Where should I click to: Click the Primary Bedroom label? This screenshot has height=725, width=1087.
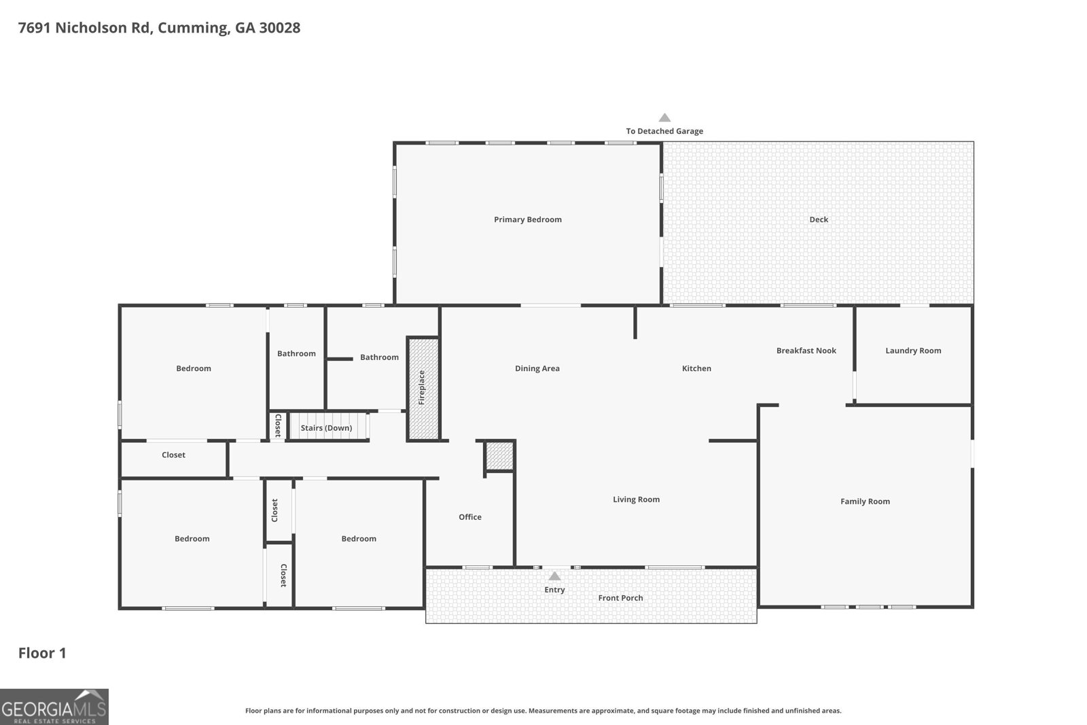(527, 219)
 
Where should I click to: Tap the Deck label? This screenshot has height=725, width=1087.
(819, 219)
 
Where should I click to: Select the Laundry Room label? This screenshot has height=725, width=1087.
(913, 351)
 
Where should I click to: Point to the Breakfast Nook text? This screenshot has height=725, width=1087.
(806, 351)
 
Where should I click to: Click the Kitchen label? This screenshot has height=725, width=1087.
(696, 368)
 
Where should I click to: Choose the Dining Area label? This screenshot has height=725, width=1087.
(537, 368)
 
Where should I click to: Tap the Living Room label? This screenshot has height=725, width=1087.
(636, 499)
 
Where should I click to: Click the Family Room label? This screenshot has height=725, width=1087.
(866, 501)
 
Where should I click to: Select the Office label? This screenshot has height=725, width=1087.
(470, 517)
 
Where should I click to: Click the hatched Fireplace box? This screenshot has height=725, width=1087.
(423, 388)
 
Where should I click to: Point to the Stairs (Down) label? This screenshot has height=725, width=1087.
(326, 427)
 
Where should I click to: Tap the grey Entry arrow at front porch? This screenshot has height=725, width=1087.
(554, 576)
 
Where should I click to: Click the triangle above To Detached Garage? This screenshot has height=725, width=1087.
(665, 118)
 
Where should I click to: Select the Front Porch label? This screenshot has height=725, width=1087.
(620, 598)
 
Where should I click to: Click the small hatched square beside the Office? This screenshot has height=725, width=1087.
(499, 456)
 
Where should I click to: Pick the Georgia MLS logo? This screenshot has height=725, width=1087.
(54, 707)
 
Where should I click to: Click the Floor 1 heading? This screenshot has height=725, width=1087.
(42, 653)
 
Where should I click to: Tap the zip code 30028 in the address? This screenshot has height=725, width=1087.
(280, 28)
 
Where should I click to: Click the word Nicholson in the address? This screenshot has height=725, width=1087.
(91, 28)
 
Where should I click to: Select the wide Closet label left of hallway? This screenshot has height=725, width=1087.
(173, 455)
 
